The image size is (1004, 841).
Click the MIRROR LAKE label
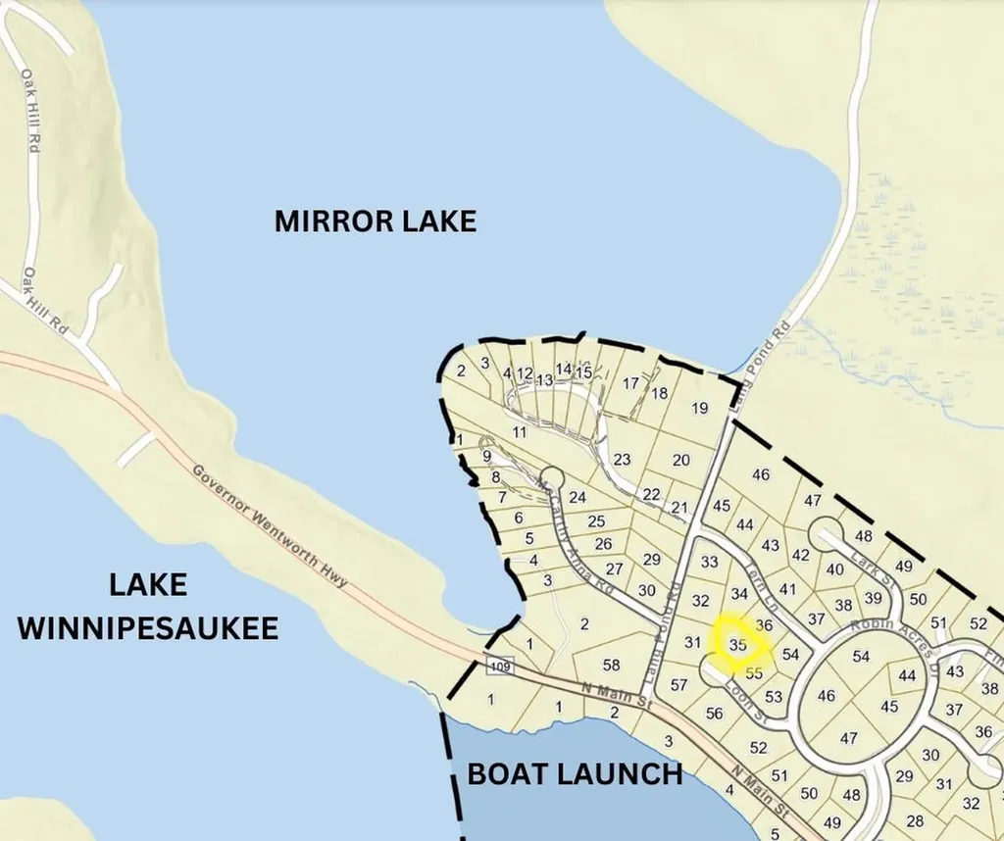[375, 221]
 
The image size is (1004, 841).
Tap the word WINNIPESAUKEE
[148, 628]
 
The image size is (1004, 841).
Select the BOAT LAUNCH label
[574, 773]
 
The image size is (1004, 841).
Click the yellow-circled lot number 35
[739, 645]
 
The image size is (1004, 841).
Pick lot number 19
[699, 408]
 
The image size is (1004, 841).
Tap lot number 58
[611, 665]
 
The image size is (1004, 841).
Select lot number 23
[622, 459]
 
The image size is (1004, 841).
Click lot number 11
[520, 431]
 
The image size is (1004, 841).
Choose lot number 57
[678, 685]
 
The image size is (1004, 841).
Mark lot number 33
[709, 563]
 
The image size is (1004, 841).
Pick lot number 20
[680, 460]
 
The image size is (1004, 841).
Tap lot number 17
[630, 382]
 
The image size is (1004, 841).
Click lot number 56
[714, 714]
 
